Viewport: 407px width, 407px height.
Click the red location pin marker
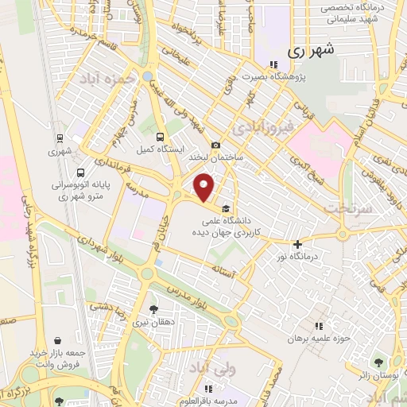pos(205,188)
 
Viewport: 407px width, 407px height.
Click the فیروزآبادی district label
pos(262,126)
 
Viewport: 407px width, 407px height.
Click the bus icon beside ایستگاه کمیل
pos(161,136)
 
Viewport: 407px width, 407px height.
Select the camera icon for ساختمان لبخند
pos(216,145)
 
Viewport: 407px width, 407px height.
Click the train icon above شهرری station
pos(60,137)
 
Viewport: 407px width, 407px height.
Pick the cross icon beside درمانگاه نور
pos(298,245)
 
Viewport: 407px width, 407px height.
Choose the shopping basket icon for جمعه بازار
pos(56,339)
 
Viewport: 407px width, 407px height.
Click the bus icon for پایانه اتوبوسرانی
pos(80,172)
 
